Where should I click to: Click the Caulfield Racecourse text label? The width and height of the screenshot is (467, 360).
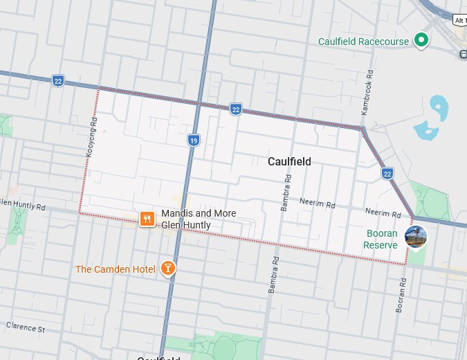(363, 42)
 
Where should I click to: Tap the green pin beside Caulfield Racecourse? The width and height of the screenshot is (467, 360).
(421, 40)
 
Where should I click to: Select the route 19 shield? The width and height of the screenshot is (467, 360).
(194, 141)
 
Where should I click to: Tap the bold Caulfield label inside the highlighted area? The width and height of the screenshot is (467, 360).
(289, 161)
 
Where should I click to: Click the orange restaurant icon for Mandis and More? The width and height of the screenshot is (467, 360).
(147, 219)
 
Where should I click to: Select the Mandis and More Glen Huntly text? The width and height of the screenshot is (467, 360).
(198, 219)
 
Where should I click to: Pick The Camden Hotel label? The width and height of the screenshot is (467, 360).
(115, 269)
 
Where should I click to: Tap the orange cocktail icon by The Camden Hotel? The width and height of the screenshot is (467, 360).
(167, 268)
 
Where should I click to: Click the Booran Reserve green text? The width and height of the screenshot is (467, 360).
(381, 240)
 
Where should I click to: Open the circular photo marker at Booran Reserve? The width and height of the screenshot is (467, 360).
(416, 237)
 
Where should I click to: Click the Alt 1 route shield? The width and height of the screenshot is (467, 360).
(459, 20)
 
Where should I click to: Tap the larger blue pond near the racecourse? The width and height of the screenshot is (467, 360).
(439, 107)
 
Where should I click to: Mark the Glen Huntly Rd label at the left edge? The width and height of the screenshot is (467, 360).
(22, 205)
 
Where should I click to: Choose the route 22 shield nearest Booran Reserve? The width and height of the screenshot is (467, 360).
(387, 173)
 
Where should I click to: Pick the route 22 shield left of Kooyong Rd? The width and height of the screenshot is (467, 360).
(58, 80)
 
